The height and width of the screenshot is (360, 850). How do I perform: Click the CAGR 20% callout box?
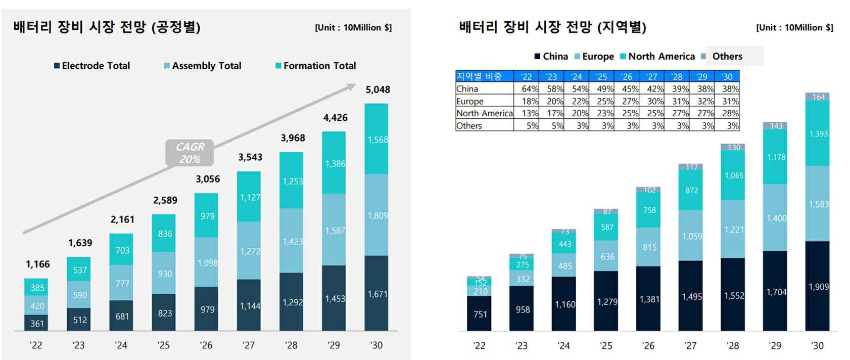(190, 153)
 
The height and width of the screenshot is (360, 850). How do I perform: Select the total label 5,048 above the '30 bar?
(377, 90)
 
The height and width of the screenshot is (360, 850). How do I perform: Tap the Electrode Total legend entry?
(92, 66)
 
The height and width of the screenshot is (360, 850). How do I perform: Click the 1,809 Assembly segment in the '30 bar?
(377, 215)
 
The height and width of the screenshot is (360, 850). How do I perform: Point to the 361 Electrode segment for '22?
(37, 324)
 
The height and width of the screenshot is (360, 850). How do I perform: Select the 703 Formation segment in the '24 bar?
(122, 250)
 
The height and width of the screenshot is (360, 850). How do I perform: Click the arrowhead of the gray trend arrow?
(350, 87)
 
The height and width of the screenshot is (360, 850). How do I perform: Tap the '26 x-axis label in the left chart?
(206, 345)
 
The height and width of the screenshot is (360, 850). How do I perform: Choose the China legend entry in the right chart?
(551, 57)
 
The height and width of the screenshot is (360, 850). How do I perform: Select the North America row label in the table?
(484, 113)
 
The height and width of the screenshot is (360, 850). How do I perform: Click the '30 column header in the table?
(727, 77)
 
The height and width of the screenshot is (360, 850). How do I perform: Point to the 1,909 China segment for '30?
(818, 287)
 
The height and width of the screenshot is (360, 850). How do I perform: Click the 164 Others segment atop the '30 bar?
(818, 97)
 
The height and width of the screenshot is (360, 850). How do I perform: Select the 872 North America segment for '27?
(691, 191)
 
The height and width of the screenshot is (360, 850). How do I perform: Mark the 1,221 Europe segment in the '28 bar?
(734, 230)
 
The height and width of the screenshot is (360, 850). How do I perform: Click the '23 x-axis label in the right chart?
(521, 346)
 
